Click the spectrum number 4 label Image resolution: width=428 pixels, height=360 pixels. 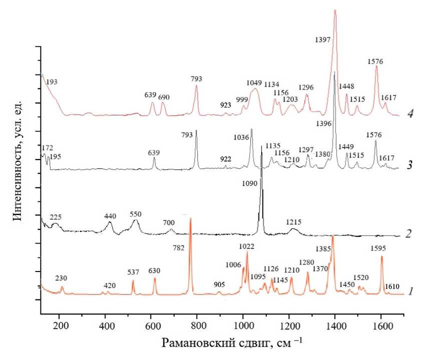tap(410, 113)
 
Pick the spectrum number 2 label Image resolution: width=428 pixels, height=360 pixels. tap(409, 233)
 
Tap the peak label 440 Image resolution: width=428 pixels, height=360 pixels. tap(110, 216)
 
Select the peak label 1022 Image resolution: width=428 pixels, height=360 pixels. tap(247, 245)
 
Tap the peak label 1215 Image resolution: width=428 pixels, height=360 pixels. tap(294, 221)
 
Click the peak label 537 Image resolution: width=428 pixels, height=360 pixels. tap(133, 272)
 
